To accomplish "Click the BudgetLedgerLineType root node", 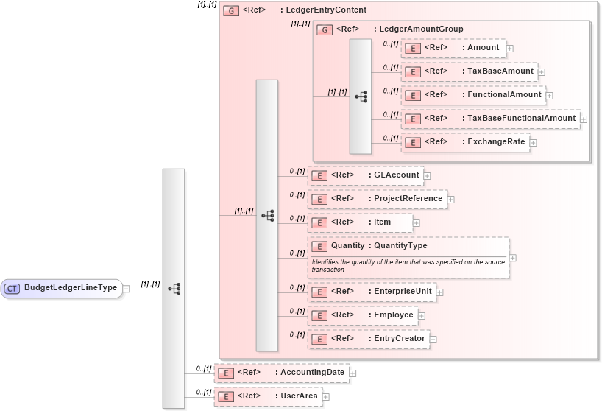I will click(x=70, y=288).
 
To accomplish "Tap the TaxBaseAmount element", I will click(x=469, y=71).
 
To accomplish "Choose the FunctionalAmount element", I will click(x=473, y=95).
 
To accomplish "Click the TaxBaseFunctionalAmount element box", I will click(x=490, y=119).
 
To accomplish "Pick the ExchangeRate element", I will click(x=465, y=142).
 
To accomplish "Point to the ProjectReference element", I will click(x=377, y=199).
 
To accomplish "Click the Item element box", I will click(x=360, y=222).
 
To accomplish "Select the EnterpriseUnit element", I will click(x=372, y=292).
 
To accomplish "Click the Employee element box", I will click(x=362, y=315).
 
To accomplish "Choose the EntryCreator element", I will click(x=367, y=339).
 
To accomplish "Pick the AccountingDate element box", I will click(x=281, y=373).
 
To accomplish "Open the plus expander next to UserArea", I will click(x=326, y=397).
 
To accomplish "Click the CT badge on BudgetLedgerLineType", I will click(x=12, y=288).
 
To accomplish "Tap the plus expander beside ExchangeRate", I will click(x=534, y=143).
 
